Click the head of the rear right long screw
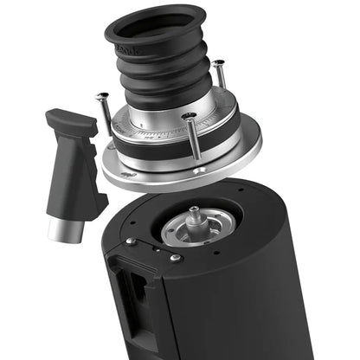tap(219, 65)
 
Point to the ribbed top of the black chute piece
tap(70, 122)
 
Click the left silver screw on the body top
tap(129, 241)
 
